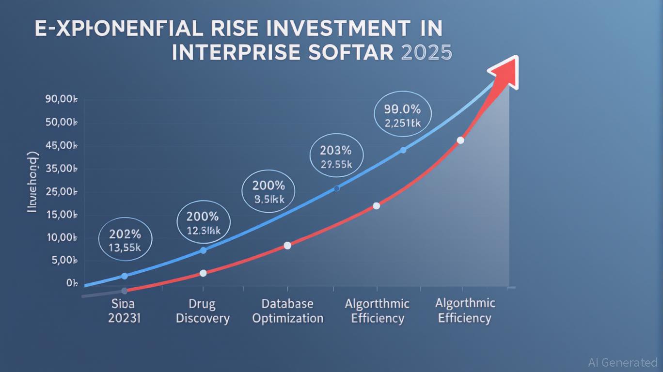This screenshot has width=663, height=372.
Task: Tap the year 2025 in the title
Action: pyautogui.click(x=426, y=52)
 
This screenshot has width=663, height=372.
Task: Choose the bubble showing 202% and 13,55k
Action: pyautogui.click(x=125, y=241)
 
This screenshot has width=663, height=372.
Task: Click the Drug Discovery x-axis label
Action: pyautogui.click(x=203, y=311)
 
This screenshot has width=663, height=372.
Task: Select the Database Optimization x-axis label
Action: pyautogui.click(x=287, y=311)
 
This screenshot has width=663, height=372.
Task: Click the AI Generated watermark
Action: pyautogui.click(x=622, y=362)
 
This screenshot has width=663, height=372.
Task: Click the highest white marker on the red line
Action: pyautogui.click(x=460, y=140)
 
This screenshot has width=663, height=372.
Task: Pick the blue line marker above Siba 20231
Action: pyautogui.click(x=124, y=276)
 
